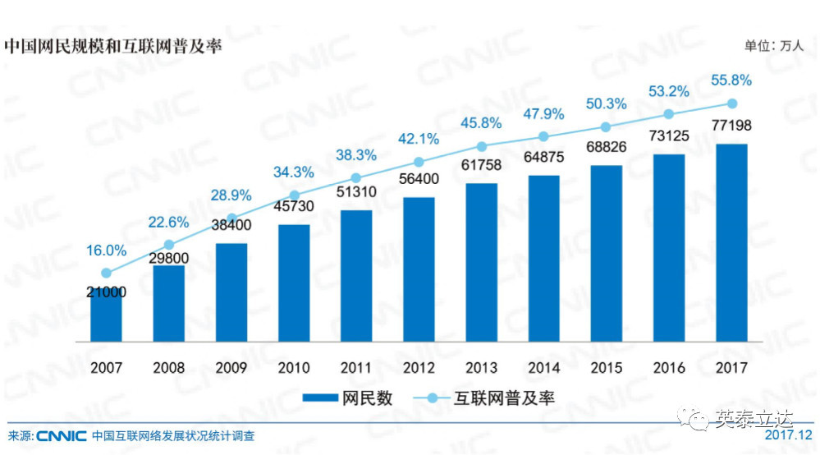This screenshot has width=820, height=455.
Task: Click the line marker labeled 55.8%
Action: [x=731, y=103]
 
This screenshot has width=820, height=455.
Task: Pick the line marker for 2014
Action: [x=543, y=136]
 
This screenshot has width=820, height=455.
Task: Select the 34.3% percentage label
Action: [x=294, y=172]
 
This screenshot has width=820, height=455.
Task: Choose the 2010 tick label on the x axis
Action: [x=294, y=367]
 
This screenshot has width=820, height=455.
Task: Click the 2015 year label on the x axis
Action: [x=606, y=367]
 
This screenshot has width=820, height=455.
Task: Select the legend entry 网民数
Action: [x=348, y=398]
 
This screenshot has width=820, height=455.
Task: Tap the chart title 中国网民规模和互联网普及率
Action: [x=112, y=44]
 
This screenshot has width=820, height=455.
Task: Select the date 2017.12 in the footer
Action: [x=787, y=435]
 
